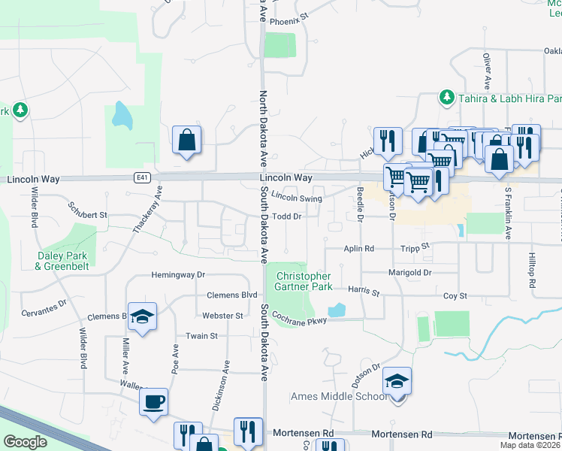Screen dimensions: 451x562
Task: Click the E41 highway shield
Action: pyautogui.click(x=142, y=177)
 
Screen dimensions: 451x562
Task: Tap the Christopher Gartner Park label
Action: pyautogui.click(x=304, y=281)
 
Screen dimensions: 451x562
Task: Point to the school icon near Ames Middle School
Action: pyautogui.click(x=397, y=382)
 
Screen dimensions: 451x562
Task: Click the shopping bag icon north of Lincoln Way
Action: pyautogui.click(x=186, y=140)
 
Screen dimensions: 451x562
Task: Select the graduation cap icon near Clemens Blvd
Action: pyautogui.click(x=141, y=316)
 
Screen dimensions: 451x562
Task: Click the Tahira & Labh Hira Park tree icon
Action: pyautogui.click(x=446, y=98)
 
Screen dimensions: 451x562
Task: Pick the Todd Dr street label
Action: pyautogui.click(x=286, y=216)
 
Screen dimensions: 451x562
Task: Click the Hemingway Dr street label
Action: pyautogui.click(x=178, y=275)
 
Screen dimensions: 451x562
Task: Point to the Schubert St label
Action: pyautogui.click(x=88, y=209)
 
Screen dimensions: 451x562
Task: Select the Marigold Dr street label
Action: pyautogui.click(x=409, y=272)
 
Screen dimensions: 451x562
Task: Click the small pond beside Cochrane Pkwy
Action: pyautogui.click(x=337, y=309)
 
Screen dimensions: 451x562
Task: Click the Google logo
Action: pyautogui.click(x=26, y=441)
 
